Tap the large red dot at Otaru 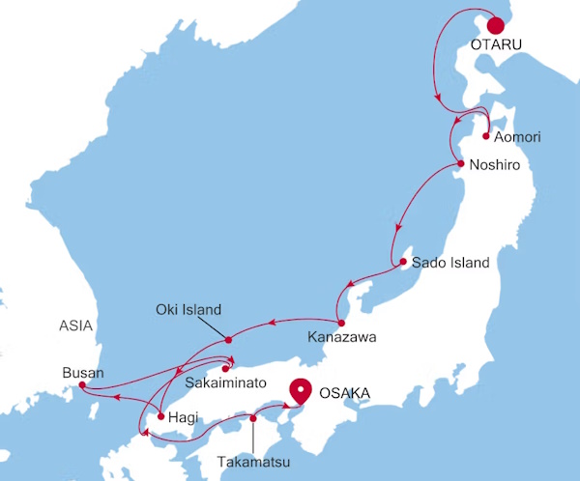tap(497, 26)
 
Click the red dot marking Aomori tap(484, 136)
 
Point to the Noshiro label tap(495, 166)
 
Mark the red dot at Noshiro tap(462, 164)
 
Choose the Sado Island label tap(450, 263)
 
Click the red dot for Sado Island tap(403, 262)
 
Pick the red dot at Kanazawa tap(341, 322)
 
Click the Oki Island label tap(188, 310)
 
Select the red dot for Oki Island tap(228, 339)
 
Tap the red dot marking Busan tap(82, 386)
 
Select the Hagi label tap(183, 418)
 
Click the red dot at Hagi tap(160, 417)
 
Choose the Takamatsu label tap(252, 464)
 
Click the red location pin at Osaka tap(302, 391)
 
